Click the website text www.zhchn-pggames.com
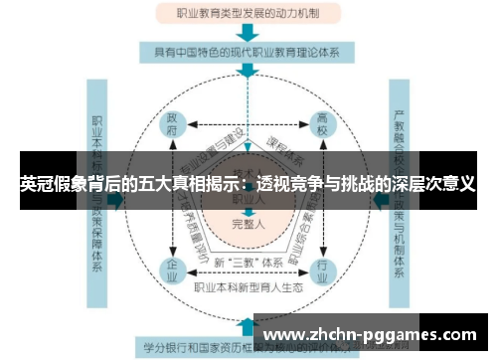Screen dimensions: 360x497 pos(374,335)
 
